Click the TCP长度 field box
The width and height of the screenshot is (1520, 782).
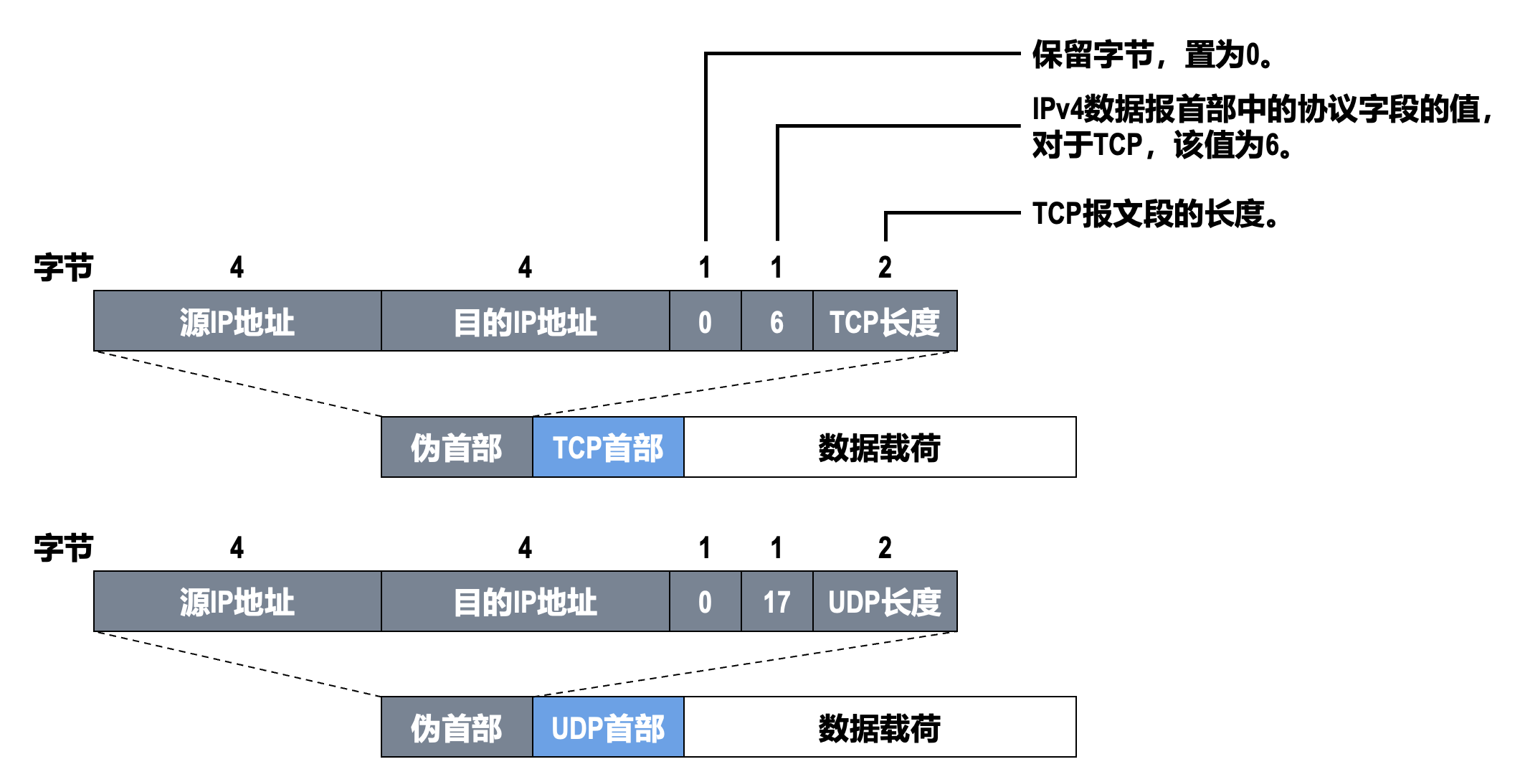pos(885,321)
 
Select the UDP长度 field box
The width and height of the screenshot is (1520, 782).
pos(885,601)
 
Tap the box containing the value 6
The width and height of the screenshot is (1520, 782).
pos(776,321)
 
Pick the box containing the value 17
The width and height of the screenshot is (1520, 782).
pos(776,601)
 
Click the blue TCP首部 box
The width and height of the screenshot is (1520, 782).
pos(608,447)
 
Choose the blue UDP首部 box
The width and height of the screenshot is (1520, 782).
pos(608,727)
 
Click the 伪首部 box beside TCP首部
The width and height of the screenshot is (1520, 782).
pos(457,447)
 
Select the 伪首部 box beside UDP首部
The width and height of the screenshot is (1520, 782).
pos(457,727)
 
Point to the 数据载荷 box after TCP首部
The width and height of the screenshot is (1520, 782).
pos(880,447)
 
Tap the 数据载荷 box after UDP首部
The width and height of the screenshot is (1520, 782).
pos(880,727)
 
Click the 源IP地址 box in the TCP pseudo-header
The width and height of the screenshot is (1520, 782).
pos(237,321)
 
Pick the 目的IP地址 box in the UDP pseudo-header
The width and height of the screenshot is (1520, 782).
pos(526,601)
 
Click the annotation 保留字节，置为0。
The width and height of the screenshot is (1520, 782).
pos(1152,55)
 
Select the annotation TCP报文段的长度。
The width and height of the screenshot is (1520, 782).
pos(1155,214)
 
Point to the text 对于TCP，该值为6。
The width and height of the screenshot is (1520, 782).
pos(1162,146)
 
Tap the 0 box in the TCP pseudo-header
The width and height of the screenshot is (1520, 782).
pos(705,321)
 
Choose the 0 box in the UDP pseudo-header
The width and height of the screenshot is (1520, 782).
pos(705,601)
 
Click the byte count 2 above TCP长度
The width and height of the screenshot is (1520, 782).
pos(885,268)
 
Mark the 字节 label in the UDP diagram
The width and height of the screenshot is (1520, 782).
pos(63,547)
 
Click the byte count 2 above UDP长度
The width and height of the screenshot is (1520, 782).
pos(885,547)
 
